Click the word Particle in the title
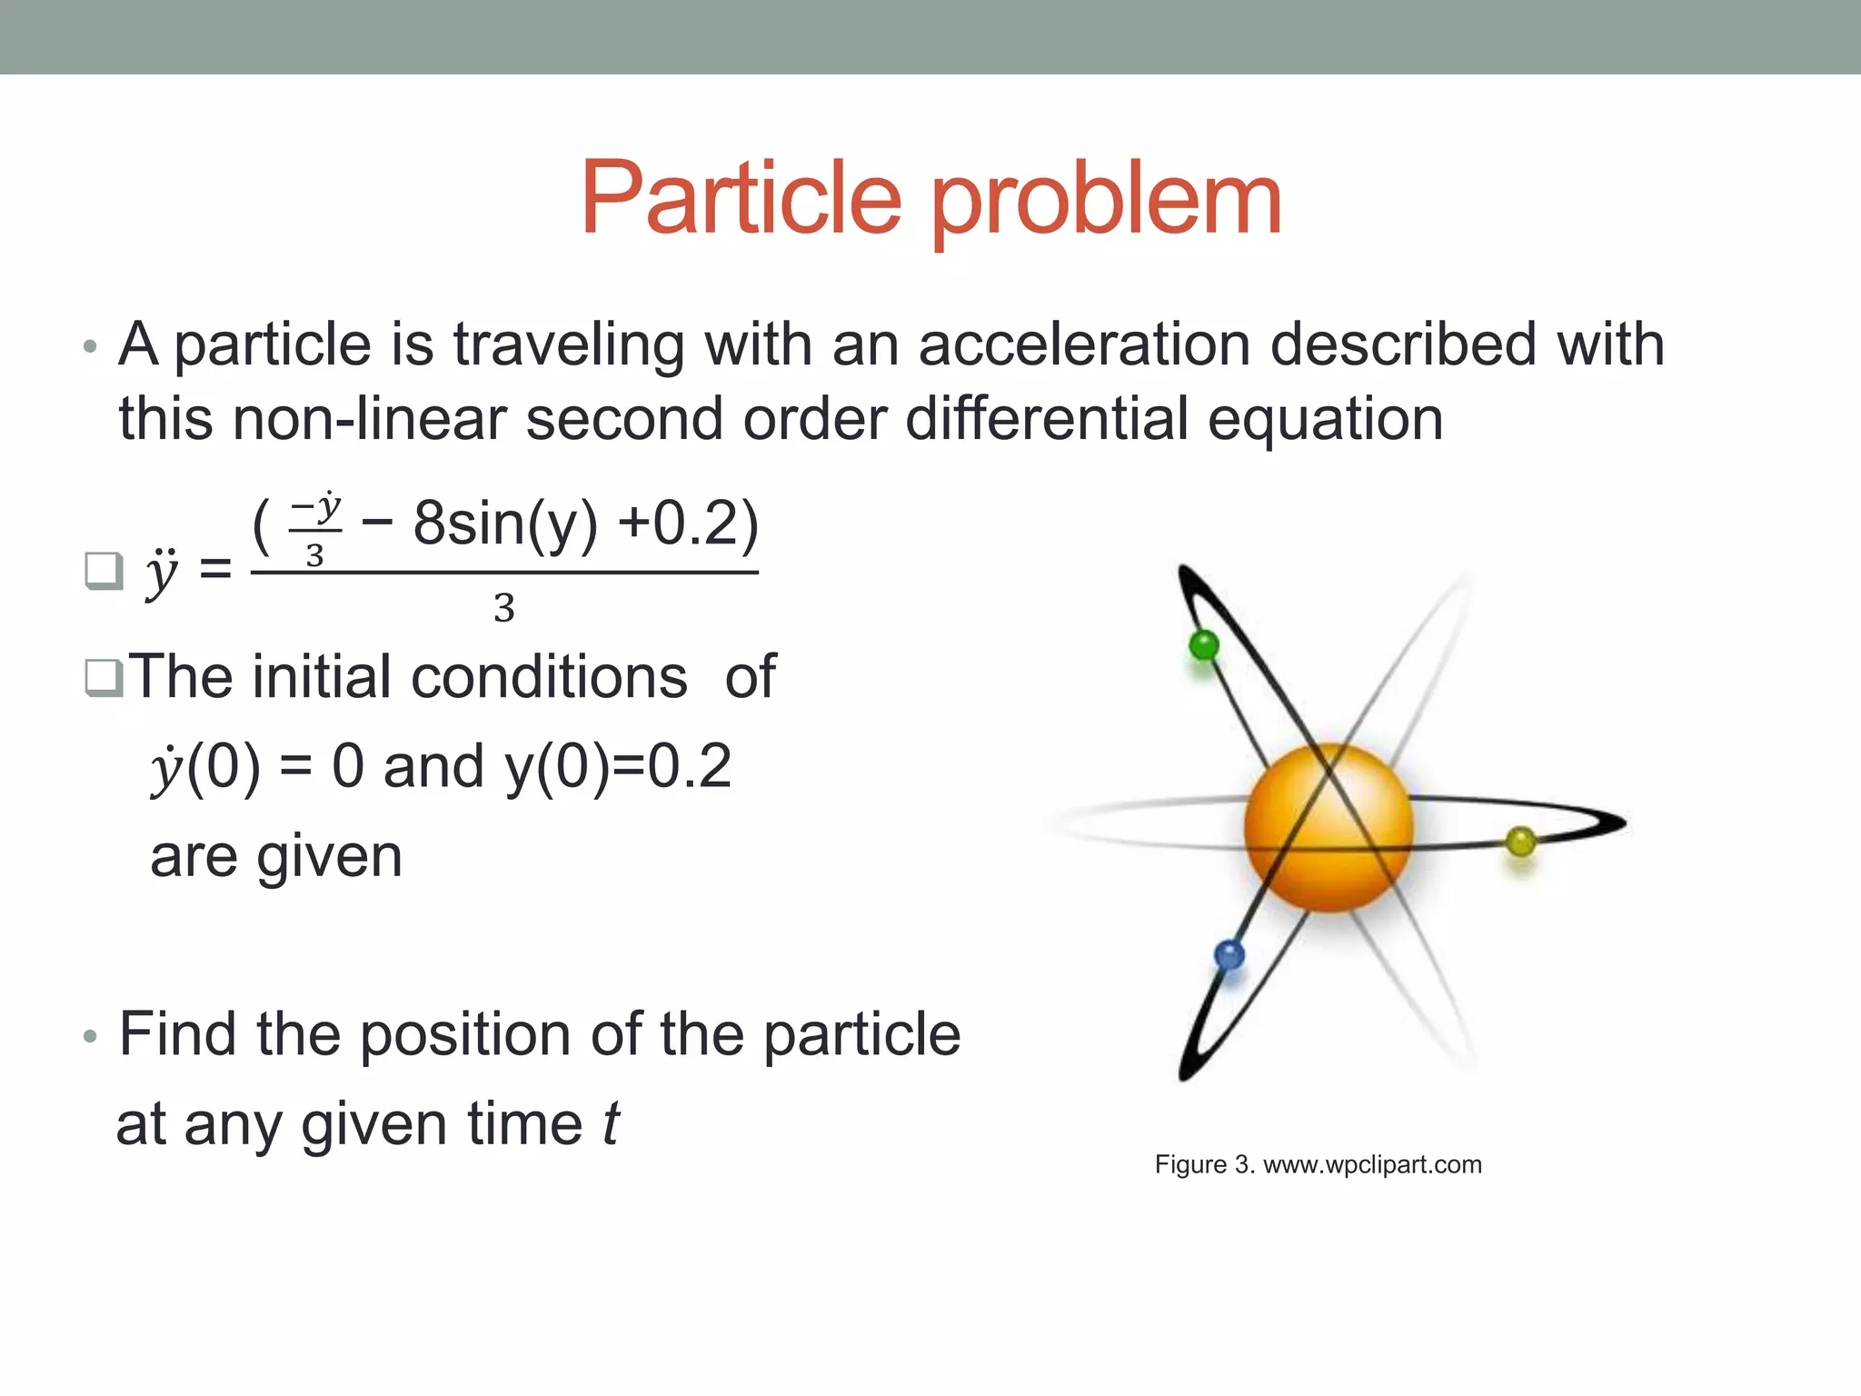pyautogui.click(x=741, y=197)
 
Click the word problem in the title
pyautogui.click(x=1106, y=202)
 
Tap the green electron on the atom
pyautogui.click(x=1204, y=645)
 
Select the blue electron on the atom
pyautogui.click(x=1229, y=955)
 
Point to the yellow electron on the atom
pyautogui.click(x=1520, y=842)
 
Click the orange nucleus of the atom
pyautogui.click(x=1328, y=827)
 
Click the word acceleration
pyautogui.click(x=1086, y=345)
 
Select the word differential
pyautogui.click(x=1047, y=420)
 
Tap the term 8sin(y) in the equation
pyautogui.click(x=505, y=524)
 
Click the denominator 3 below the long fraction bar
pyautogui.click(x=504, y=608)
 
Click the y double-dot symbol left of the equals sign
pyautogui.click(x=162, y=573)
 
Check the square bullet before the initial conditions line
pyautogui.click(x=104, y=678)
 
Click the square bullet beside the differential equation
pyautogui.click(x=104, y=571)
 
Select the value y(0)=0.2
pyautogui.click(x=618, y=766)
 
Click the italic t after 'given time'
pyautogui.click(x=612, y=1124)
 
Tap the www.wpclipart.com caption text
pyautogui.click(x=1372, y=1164)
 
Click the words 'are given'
pyautogui.click(x=276, y=856)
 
